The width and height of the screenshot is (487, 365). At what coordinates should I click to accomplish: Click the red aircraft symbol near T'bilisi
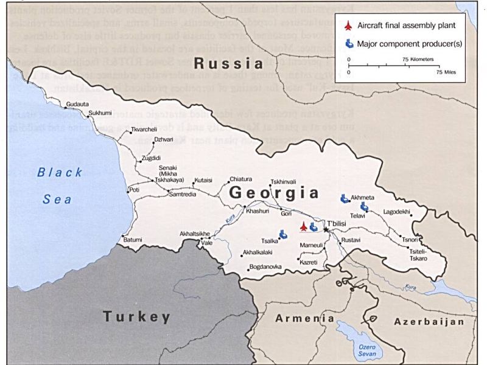tap(303, 227)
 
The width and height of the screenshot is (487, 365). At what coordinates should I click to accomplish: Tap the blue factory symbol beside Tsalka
tap(283, 234)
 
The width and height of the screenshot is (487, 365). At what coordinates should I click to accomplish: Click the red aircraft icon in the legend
tap(348, 27)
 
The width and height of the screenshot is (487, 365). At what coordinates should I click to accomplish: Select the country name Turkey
tap(136, 316)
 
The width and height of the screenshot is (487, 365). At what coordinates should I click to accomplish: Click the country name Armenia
tap(305, 318)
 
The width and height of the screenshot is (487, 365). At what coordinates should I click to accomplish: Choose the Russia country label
tap(228, 63)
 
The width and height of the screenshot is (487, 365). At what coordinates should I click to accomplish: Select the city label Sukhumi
tap(100, 113)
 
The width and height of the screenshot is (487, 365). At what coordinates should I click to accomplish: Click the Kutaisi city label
tap(203, 180)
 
